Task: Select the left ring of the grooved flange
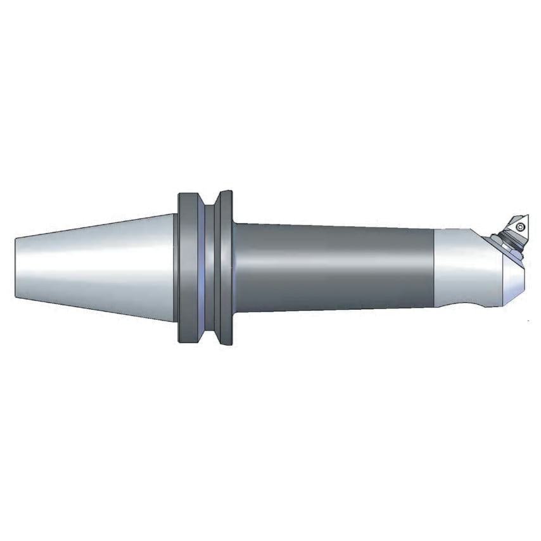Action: (x=186, y=268)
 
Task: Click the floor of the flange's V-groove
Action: (x=206, y=268)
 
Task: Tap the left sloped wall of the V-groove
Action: (x=198, y=268)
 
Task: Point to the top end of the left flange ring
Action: (x=186, y=194)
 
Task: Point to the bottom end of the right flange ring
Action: (x=226, y=343)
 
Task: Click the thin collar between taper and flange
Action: (x=175, y=268)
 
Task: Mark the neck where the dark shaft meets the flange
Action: (x=236, y=268)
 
